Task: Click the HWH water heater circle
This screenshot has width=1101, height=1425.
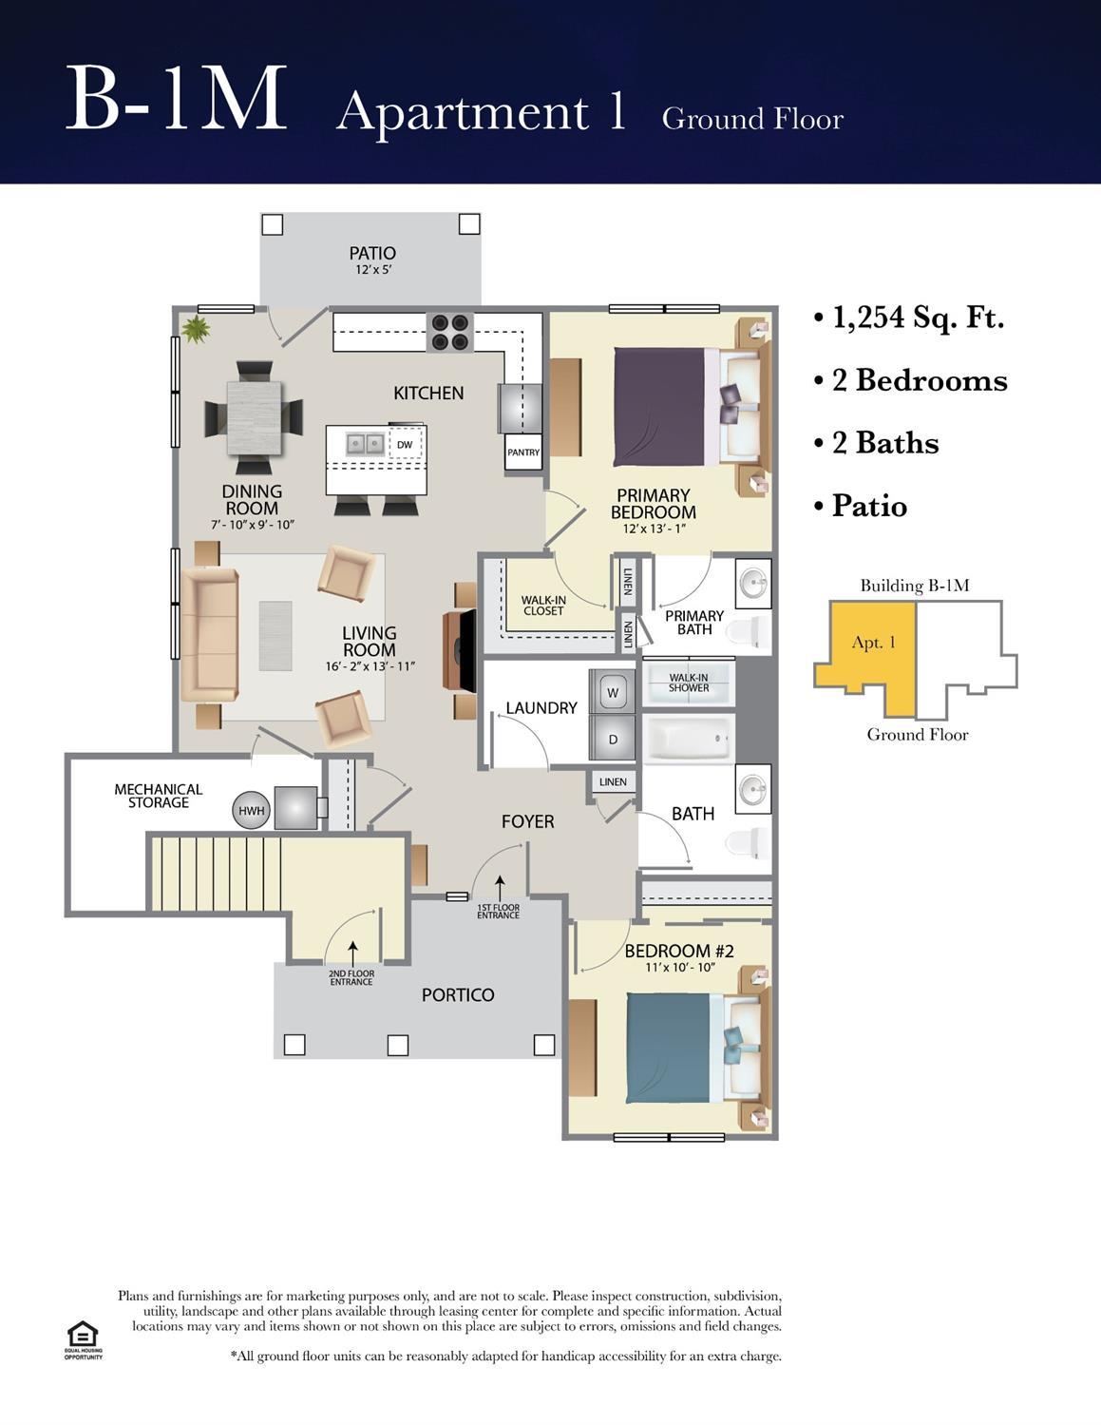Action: (251, 811)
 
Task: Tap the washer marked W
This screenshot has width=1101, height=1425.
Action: (612, 691)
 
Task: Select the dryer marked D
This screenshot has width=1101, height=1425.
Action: (612, 739)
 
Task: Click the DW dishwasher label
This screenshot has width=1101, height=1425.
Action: (405, 445)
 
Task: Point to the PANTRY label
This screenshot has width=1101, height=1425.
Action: (523, 453)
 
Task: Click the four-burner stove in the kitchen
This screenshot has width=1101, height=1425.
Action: (450, 333)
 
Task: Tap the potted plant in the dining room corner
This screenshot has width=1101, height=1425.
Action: (196, 329)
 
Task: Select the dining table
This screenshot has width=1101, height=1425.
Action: (255, 417)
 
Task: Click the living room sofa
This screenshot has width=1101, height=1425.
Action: (210, 634)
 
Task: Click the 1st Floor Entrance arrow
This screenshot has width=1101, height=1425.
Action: (500, 889)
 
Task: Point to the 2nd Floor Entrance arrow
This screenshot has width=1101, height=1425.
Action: (352, 954)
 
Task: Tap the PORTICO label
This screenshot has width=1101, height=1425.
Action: (458, 995)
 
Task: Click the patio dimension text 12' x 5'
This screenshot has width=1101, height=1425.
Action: (373, 270)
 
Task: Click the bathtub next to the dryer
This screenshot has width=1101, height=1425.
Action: (688, 739)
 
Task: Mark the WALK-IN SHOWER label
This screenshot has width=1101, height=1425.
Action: (688, 683)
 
